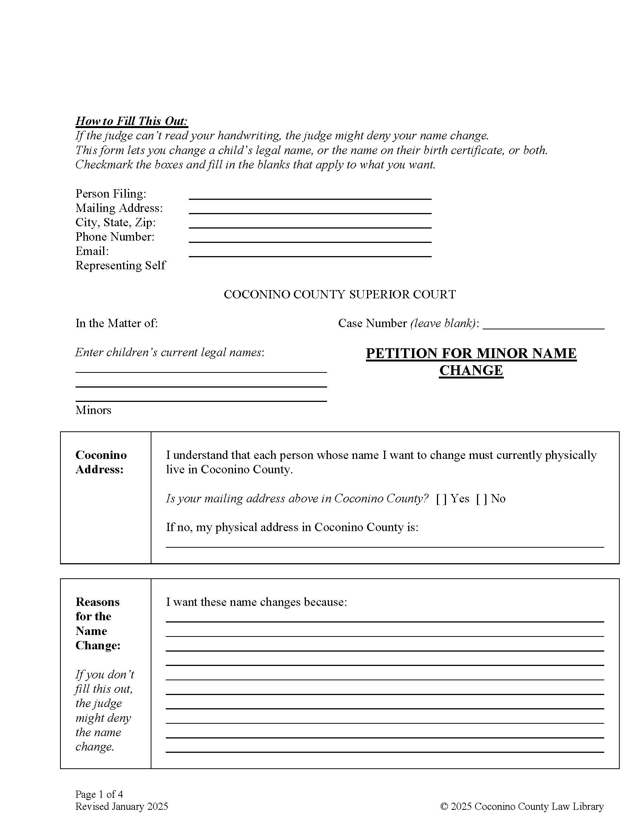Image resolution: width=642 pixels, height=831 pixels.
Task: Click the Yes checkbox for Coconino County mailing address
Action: click(441, 499)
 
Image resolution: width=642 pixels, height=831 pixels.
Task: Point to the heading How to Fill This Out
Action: click(131, 121)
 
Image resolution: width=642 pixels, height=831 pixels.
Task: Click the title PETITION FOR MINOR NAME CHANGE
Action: click(471, 361)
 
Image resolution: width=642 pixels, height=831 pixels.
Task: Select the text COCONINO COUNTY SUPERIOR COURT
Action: click(339, 295)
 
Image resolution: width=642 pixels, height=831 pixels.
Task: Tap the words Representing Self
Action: click(120, 265)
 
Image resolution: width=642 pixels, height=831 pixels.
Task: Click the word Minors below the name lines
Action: click(93, 410)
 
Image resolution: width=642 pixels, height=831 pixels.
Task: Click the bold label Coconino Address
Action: click(101, 462)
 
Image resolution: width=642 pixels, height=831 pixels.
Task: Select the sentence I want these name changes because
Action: click(256, 602)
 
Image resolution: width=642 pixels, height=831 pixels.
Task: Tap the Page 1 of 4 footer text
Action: click(99, 794)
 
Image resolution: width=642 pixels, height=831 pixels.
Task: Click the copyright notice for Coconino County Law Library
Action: click(522, 806)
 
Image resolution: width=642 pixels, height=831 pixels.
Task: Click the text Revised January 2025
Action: click(121, 806)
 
